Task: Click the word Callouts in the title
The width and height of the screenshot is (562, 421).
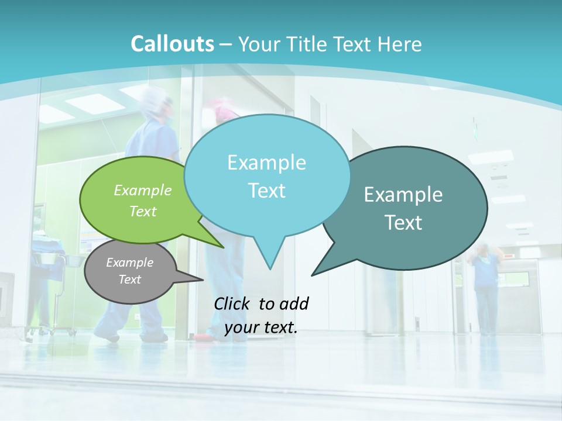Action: (172, 44)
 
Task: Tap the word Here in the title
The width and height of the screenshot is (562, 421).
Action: (399, 44)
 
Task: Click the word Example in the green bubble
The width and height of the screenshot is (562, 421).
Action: (143, 191)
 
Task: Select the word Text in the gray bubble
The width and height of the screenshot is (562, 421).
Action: (130, 279)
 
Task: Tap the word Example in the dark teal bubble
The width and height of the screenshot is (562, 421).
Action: (403, 195)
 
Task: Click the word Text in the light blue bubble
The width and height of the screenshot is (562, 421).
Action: (267, 191)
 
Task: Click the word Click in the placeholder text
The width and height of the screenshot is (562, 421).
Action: (232, 303)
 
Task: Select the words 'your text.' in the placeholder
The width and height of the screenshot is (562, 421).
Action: (261, 328)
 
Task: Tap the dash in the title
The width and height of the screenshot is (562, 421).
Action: (226, 44)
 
